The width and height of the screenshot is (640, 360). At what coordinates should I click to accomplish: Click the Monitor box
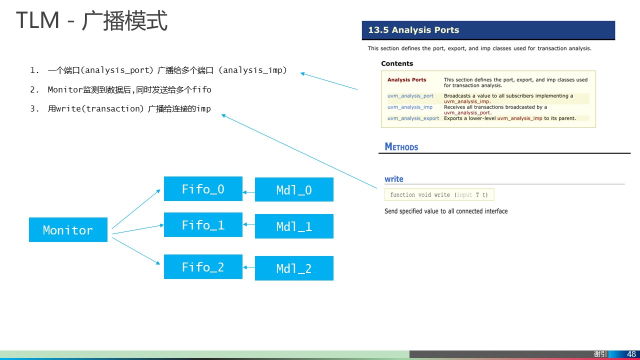point(68,230)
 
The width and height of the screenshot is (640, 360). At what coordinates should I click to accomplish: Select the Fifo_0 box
point(203,189)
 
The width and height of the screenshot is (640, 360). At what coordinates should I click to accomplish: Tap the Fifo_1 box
point(203,225)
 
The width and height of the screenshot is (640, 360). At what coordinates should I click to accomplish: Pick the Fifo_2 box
point(203,267)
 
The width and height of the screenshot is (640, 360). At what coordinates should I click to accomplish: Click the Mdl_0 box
point(294,190)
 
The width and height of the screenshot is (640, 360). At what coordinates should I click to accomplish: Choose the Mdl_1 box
point(294,226)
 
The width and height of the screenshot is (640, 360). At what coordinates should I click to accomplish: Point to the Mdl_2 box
point(294,268)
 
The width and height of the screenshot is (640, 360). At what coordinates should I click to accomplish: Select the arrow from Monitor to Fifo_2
point(136,250)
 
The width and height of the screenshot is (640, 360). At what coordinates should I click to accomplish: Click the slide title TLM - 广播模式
point(92,21)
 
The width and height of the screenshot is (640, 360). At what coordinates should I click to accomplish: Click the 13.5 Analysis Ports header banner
point(488,30)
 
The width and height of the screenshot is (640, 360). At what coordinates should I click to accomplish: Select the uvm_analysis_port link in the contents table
point(410,96)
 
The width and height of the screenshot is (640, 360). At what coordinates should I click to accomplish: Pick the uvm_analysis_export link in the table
point(413,118)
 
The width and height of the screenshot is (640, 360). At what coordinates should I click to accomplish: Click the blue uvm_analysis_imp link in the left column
point(410,107)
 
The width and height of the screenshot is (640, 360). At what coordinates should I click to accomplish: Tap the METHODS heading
point(401,147)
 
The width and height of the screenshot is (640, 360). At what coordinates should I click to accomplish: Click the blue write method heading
point(394,179)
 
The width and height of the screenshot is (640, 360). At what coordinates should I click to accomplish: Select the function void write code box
point(439,195)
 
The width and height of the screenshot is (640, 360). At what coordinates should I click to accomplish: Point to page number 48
point(631,354)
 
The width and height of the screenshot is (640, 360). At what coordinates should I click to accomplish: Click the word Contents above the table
point(397,63)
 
